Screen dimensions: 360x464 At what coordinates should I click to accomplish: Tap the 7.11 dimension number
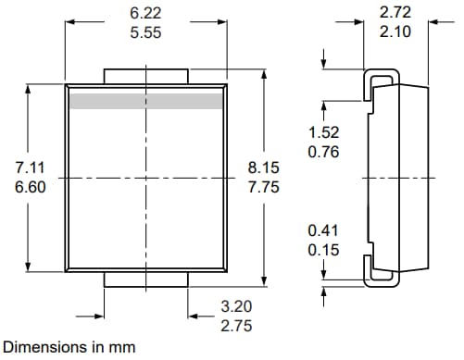[31, 168]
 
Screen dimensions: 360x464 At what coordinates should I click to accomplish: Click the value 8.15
[263, 168]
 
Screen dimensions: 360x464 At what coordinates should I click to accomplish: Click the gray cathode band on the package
[146, 100]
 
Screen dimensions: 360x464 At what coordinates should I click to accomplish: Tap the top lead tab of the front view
[146, 74]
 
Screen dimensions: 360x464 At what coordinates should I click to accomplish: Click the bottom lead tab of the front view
[146, 279]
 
